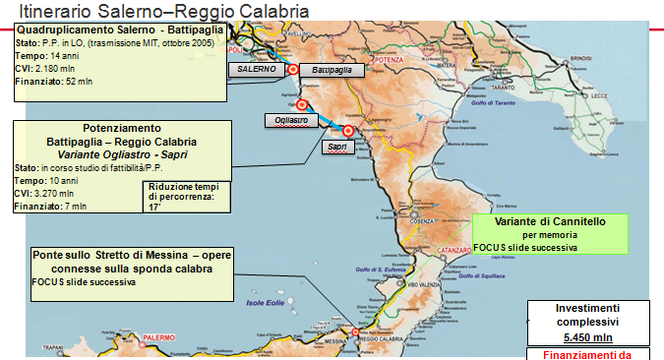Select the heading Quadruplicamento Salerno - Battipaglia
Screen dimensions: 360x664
(120, 31)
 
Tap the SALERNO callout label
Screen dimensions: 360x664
(253, 70)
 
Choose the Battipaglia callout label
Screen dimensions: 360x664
(330, 72)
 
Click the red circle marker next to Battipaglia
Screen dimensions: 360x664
(292, 69)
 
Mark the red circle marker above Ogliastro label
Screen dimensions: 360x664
(301, 106)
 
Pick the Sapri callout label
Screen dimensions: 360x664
(336, 146)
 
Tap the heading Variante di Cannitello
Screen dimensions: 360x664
(550, 223)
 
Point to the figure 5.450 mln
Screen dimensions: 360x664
(580, 336)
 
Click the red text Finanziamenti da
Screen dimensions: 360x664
(580, 354)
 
